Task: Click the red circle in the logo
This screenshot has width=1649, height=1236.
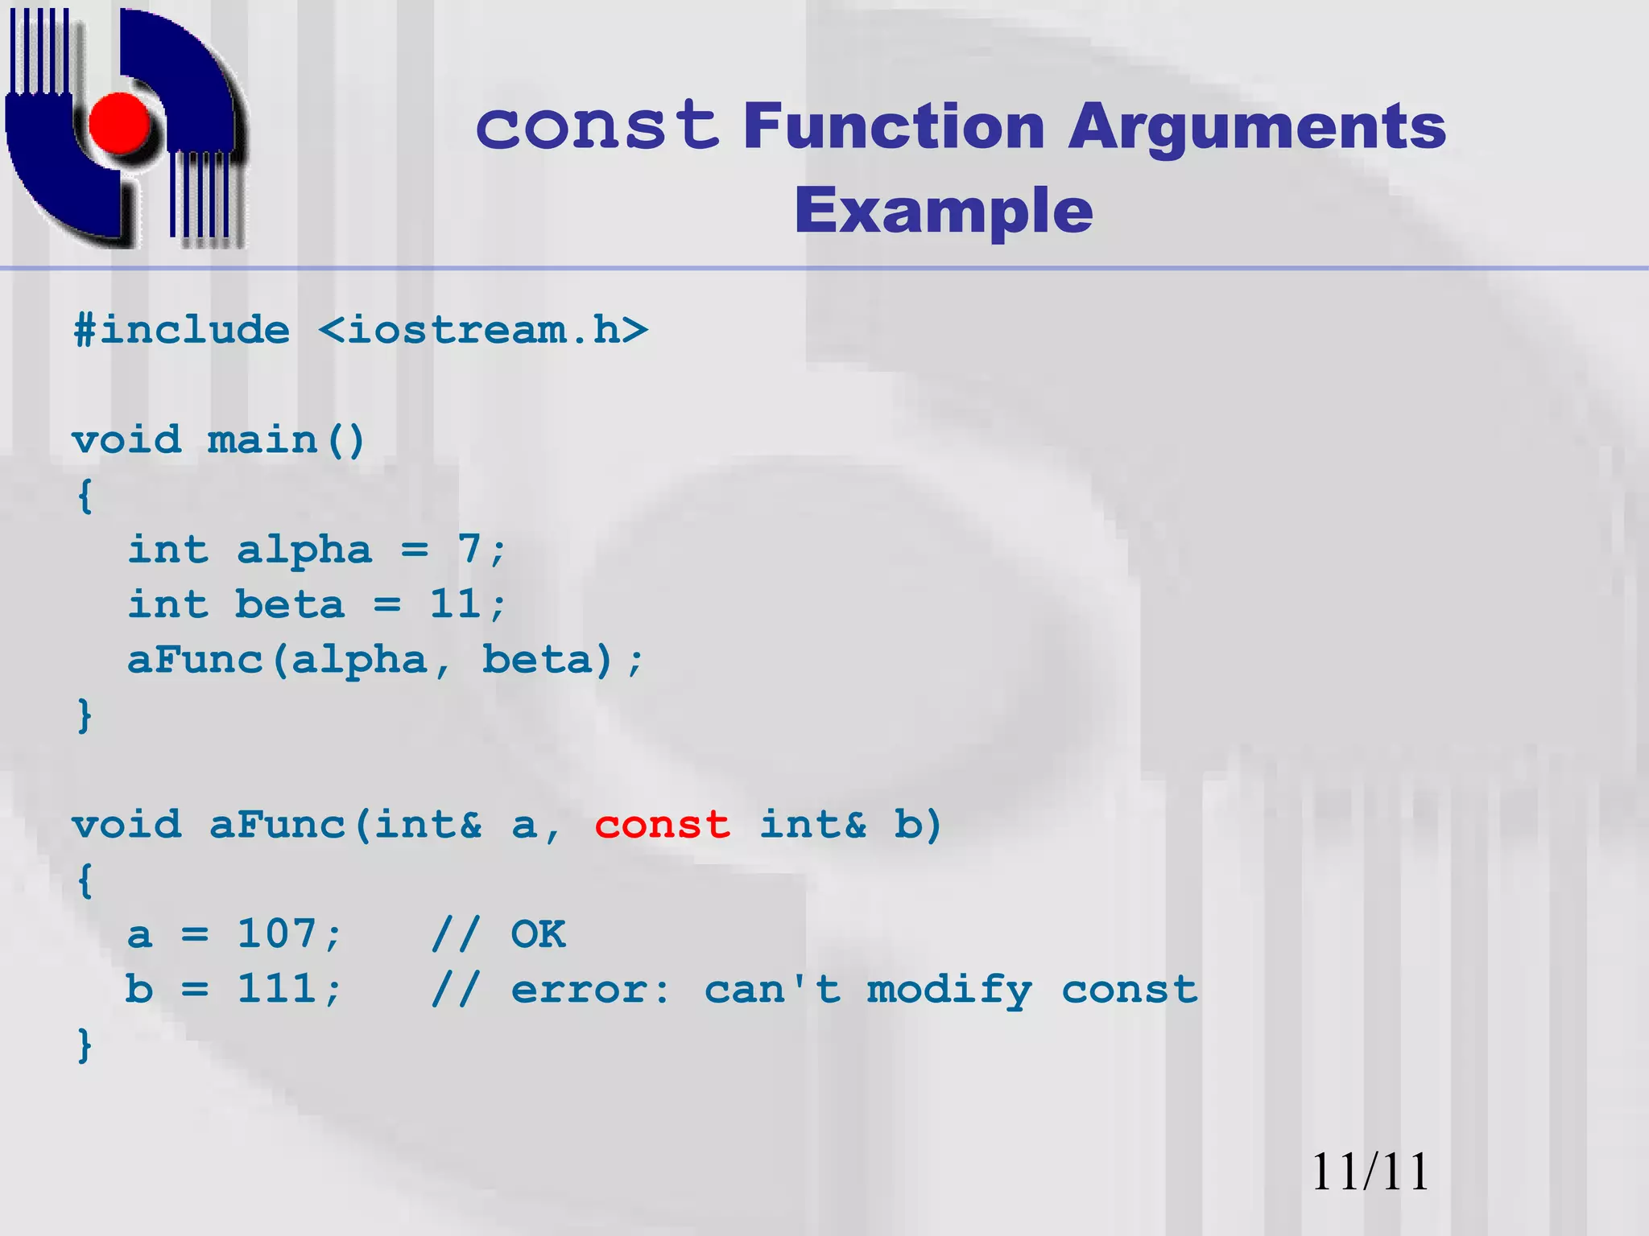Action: point(121,122)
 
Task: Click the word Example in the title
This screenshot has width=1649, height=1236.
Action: point(944,211)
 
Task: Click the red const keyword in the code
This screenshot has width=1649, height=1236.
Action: point(662,826)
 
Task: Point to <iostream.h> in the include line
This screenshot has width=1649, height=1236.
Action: point(483,331)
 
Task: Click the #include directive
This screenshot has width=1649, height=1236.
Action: point(182,331)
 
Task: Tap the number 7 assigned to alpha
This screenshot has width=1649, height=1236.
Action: point(469,550)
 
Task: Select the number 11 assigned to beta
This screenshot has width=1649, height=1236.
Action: point(456,605)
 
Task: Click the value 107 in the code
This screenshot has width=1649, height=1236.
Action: point(277,935)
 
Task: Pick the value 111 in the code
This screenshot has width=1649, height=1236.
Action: point(277,990)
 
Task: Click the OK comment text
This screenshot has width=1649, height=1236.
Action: point(538,935)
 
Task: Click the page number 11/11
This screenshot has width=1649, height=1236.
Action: point(1370,1172)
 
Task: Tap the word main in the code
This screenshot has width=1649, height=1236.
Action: point(262,441)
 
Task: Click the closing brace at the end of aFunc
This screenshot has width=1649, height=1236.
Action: point(85,1045)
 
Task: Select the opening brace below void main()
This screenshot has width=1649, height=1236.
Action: point(85,496)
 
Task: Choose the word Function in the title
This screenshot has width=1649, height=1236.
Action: point(894,127)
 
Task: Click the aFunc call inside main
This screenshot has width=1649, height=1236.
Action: point(196,661)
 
